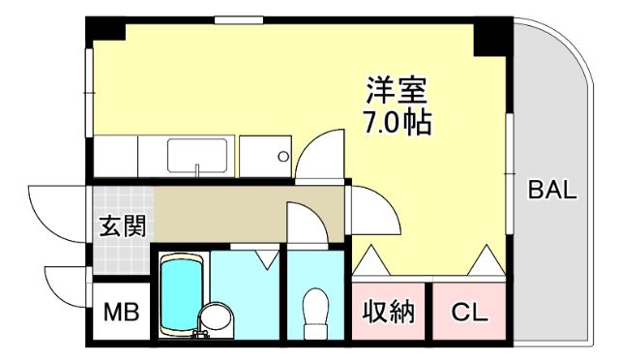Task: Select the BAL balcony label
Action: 551,190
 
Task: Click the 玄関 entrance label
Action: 123,226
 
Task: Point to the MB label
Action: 122,313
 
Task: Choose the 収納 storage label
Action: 389,313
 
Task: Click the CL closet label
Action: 470,313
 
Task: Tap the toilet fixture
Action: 316,312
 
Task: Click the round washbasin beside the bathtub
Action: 217,318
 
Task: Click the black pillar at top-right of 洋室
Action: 490,36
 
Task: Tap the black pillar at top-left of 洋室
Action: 106,29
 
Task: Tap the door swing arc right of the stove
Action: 320,155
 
